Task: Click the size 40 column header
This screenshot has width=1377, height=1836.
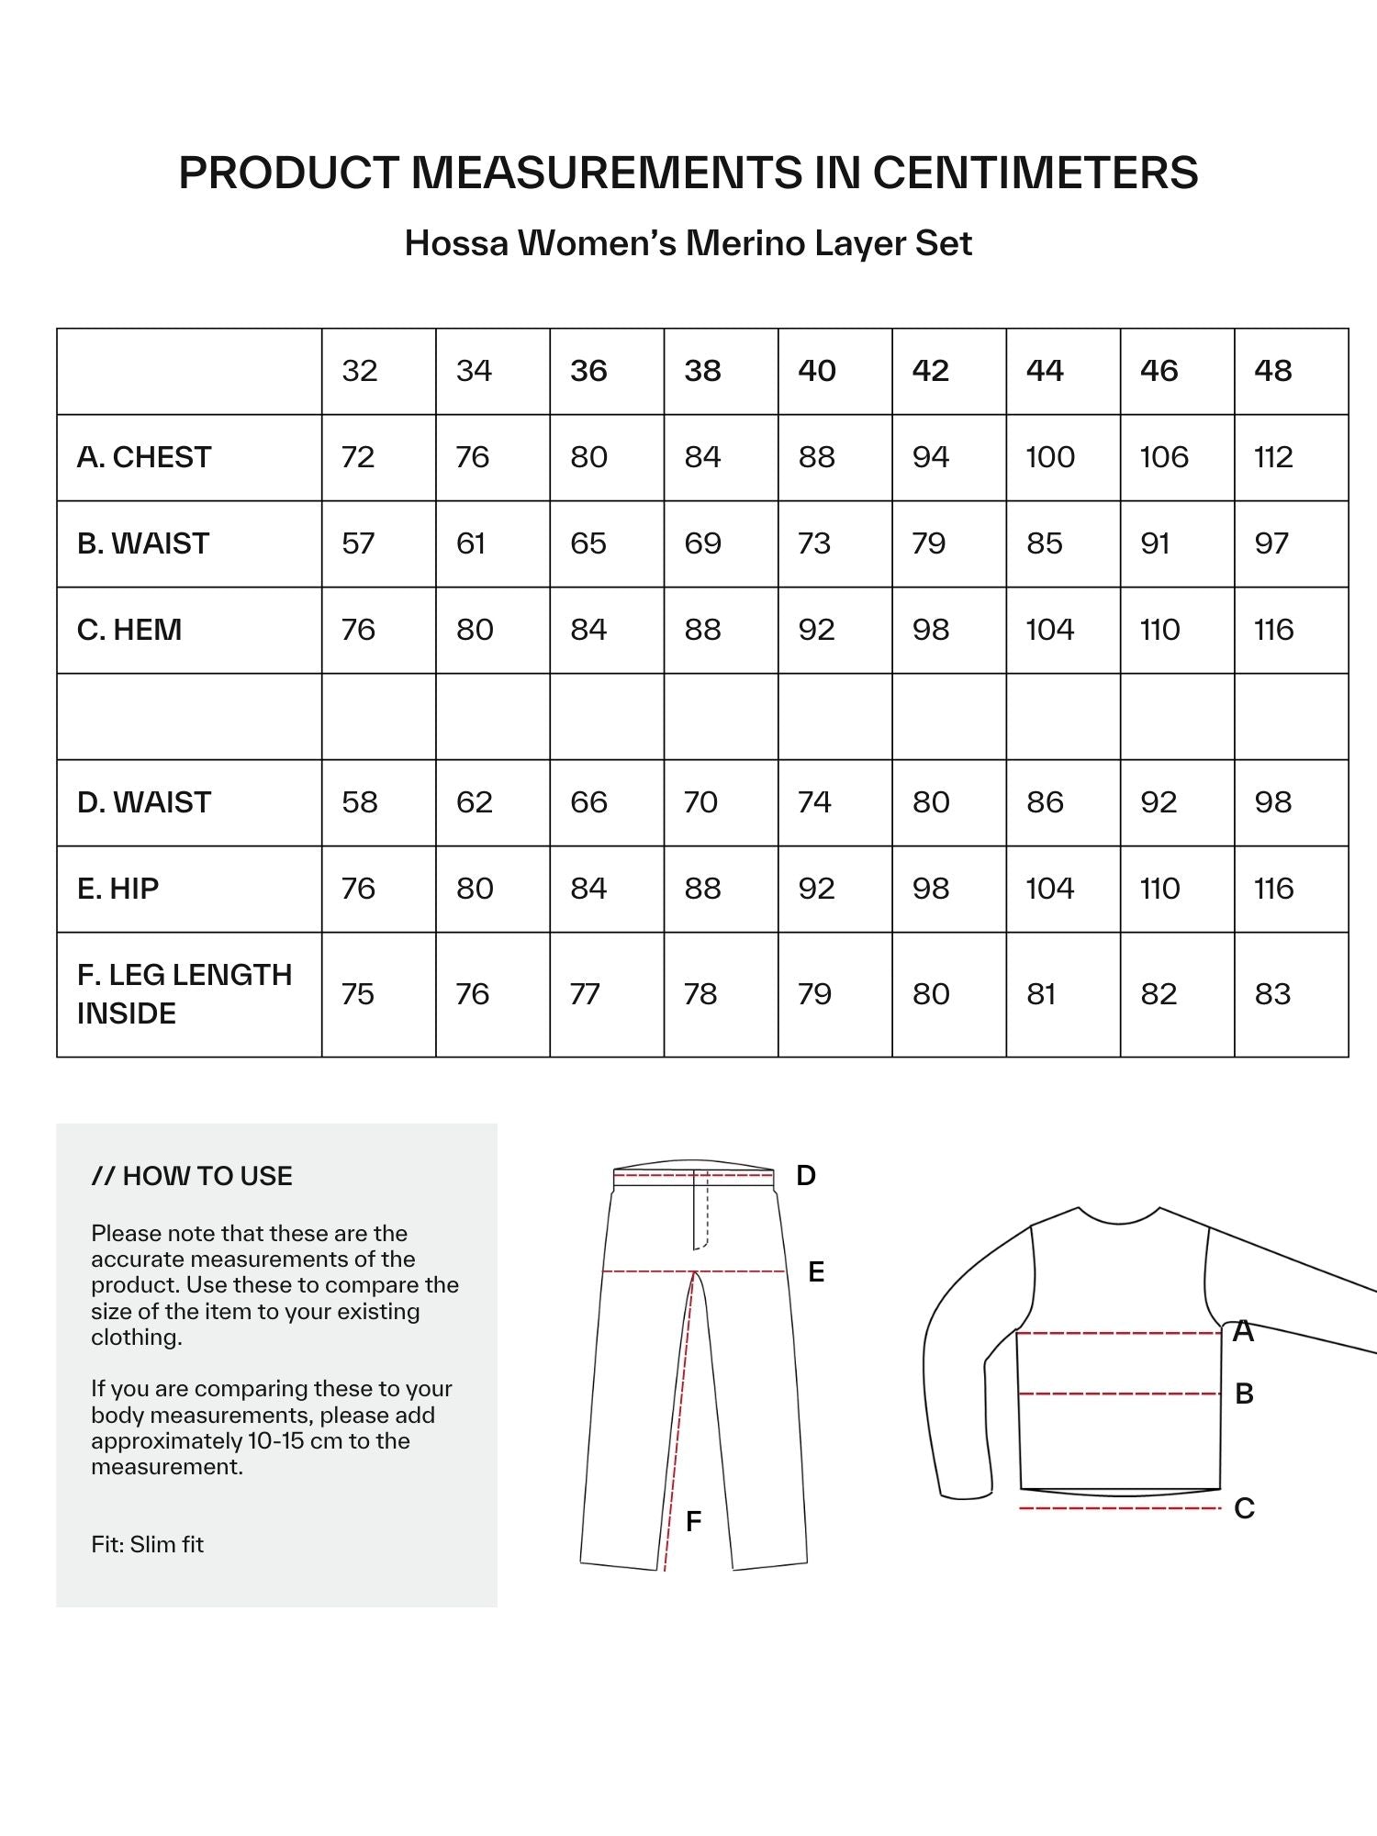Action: coord(816,371)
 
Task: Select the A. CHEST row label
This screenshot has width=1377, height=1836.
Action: coord(144,457)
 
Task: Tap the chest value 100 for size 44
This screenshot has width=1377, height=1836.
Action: coord(1049,457)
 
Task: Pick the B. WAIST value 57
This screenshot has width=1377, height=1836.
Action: coord(358,543)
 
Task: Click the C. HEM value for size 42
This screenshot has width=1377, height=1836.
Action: coord(930,630)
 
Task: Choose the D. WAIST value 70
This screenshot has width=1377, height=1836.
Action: coord(700,802)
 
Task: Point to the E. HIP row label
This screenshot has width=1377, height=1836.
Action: coord(118,889)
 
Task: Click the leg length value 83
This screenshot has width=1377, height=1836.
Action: coord(1272,994)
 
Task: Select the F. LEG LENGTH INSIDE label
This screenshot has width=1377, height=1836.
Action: coord(184,994)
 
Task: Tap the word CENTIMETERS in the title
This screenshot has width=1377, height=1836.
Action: coord(1035,173)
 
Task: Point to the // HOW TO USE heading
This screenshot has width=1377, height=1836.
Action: coord(192,1176)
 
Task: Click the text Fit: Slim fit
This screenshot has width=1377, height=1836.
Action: coord(147,1544)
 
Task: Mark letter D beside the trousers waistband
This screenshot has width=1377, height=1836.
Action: coord(805,1175)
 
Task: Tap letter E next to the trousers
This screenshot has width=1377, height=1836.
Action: coord(815,1272)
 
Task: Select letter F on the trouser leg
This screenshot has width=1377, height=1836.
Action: coord(694,1521)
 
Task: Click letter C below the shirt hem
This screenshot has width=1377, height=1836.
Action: coord(1244,1508)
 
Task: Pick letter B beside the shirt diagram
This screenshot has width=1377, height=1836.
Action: coord(1244,1394)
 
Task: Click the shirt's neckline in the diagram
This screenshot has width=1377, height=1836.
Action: coord(1118,1219)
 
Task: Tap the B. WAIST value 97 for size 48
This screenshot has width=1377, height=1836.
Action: coord(1271,543)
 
